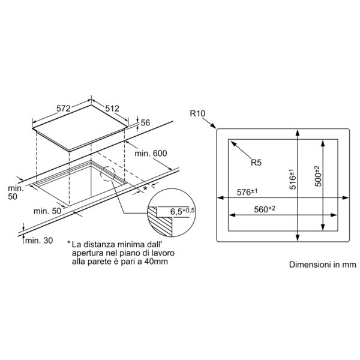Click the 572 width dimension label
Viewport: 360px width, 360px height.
[x=64, y=109]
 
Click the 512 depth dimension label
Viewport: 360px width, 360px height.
[x=112, y=109]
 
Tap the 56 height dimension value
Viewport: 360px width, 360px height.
[x=145, y=123]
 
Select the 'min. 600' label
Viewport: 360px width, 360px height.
[x=151, y=154]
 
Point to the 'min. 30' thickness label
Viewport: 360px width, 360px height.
[x=39, y=241]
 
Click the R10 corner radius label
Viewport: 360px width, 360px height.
[x=197, y=113]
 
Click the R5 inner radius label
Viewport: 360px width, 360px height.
[x=256, y=163]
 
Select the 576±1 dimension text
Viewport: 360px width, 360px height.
[x=247, y=192]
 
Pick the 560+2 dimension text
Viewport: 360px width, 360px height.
[x=265, y=209]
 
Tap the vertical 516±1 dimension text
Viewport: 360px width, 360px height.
[x=293, y=179]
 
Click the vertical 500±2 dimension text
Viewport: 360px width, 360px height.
[x=318, y=176]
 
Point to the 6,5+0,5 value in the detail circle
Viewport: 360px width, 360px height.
[x=182, y=211]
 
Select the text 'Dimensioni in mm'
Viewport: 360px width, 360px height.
[x=323, y=265]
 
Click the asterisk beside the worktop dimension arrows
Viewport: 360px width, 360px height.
[x=145, y=189]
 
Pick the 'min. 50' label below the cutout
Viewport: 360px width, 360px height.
[x=47, y=211]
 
